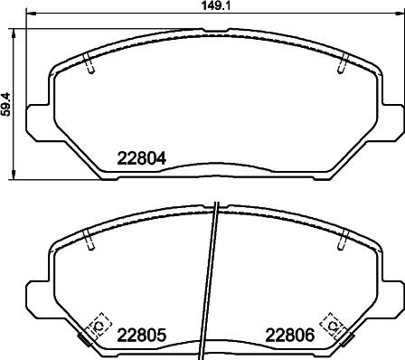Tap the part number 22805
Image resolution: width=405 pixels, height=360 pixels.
[142, 334]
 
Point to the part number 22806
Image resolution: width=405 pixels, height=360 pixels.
[289, 334]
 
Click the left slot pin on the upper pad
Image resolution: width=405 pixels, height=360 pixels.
[87, 63]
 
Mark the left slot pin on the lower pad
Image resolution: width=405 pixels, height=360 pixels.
[87, 241]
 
